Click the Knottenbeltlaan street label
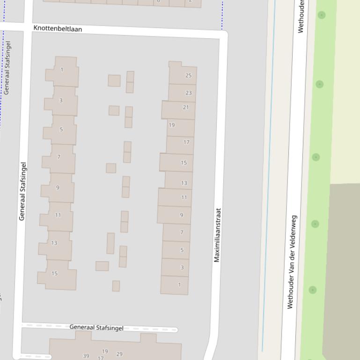(x=58, y=29)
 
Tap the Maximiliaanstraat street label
(x=217, y=235)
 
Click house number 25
(x=189, y=75)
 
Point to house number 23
(x=189, y=93)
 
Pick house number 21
(x=186, y=107)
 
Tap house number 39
(x=86, y=356)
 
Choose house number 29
(x=119, y=354)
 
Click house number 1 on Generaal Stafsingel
(x=62, y=70)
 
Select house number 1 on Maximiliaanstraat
(x=179, y=285)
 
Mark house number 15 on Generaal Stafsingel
(x=54, y=274)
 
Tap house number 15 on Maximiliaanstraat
(x=184, y=163)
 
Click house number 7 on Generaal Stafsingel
(x=59, y=157)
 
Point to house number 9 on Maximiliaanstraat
(x=182, y=215)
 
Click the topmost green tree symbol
(x=322, y=15)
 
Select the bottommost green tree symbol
(x=313, y=290)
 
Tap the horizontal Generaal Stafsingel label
(x=96, y=327)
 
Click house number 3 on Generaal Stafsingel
(x=61, y=100)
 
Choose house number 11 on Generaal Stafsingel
(x=58, y=215)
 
